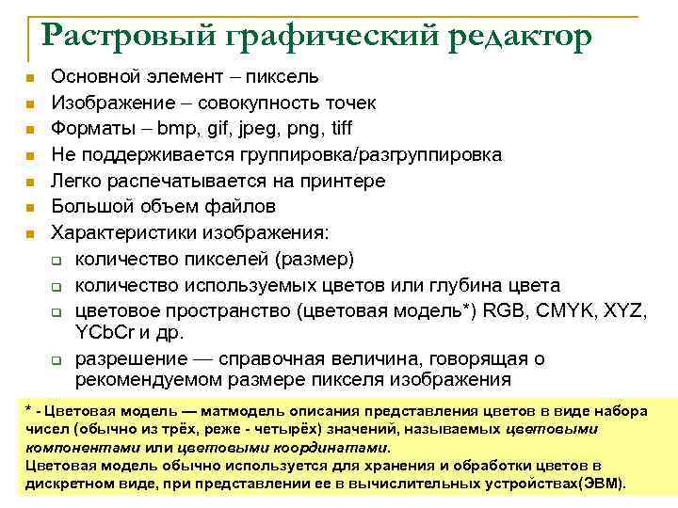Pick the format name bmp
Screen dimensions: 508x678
(x=177, y=128)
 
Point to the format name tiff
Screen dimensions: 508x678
(x=336, y=128)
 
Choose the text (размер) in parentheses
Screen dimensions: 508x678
(x=315, y=259)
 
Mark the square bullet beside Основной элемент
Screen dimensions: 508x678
(x=30, y=77)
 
